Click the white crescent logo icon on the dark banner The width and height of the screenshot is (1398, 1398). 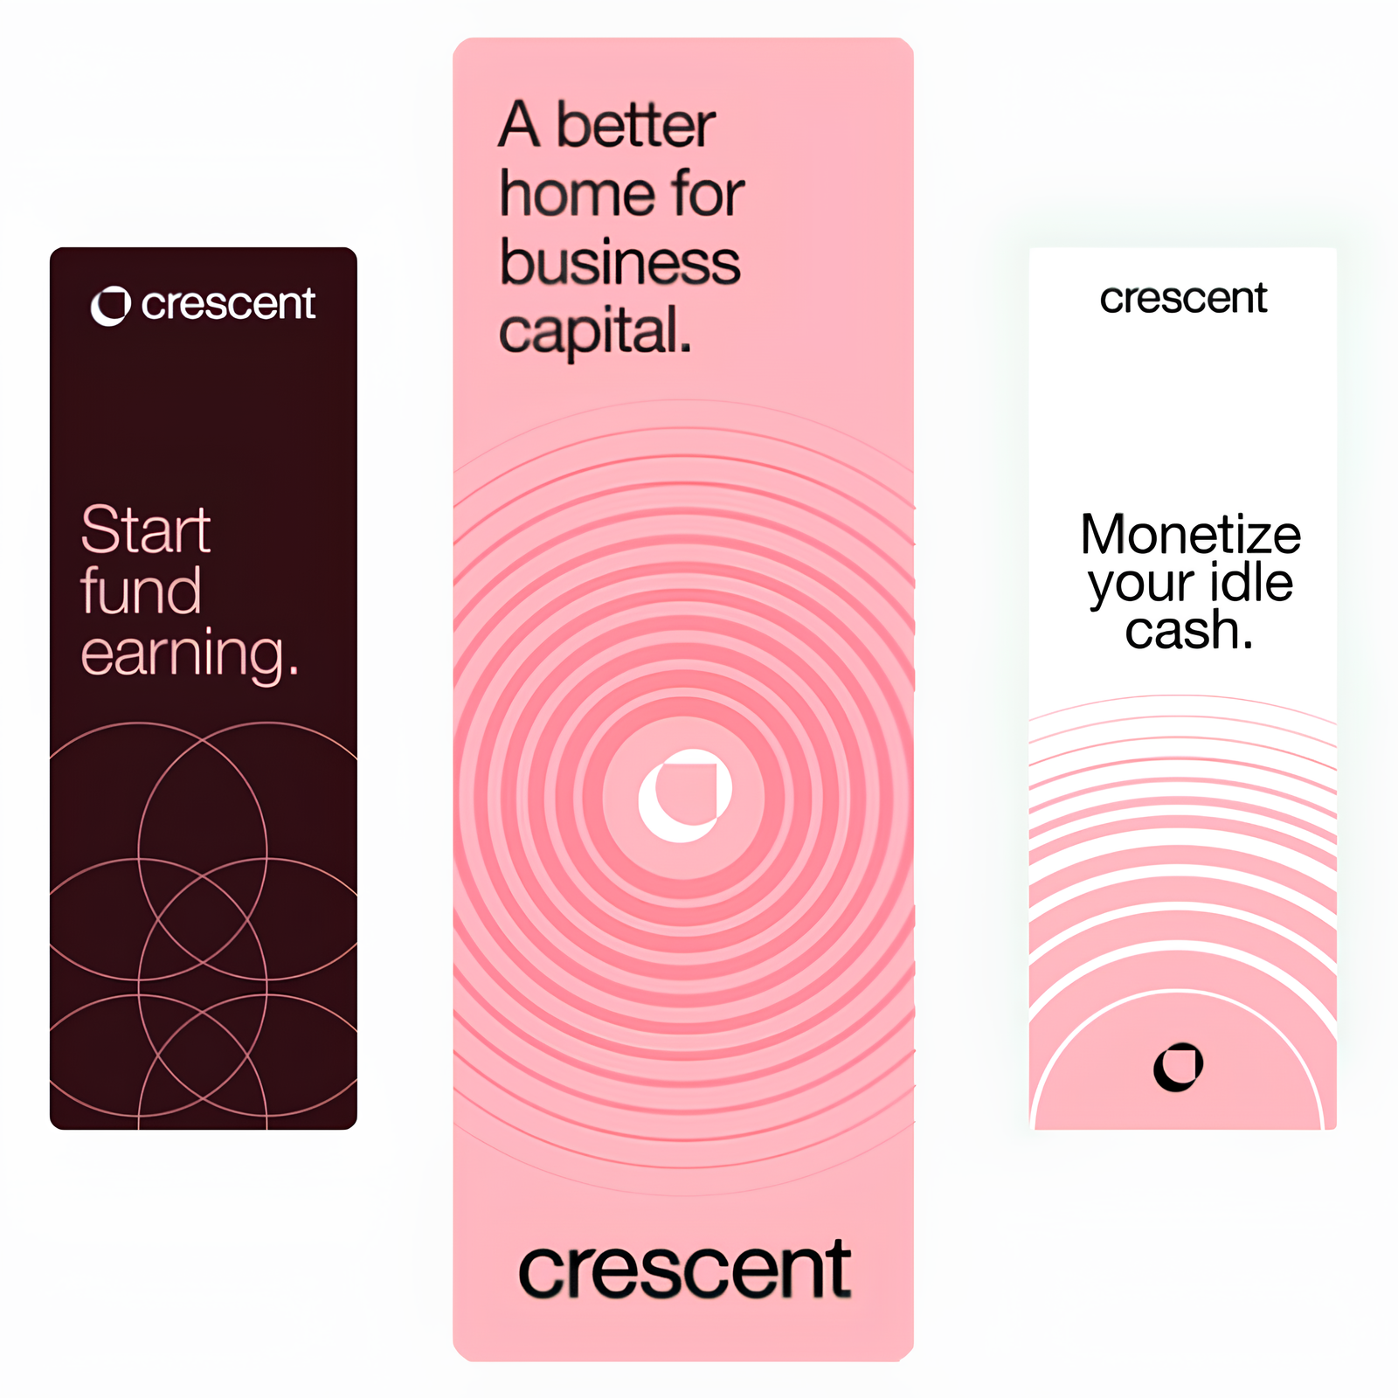click(x=111, y=306)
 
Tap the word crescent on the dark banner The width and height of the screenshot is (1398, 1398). click(x=228, y=304)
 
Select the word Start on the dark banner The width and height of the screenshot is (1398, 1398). click(x=146, y=529)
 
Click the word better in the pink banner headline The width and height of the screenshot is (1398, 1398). click(x=635, y=125)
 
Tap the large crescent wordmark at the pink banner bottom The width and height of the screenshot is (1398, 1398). click(x=684, y=1270)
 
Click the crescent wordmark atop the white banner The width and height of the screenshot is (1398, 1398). click(x=1183, y=299)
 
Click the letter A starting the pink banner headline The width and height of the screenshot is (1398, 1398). click(x=520, y=125)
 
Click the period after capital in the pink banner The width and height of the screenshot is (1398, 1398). click(x=686, y=349)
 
